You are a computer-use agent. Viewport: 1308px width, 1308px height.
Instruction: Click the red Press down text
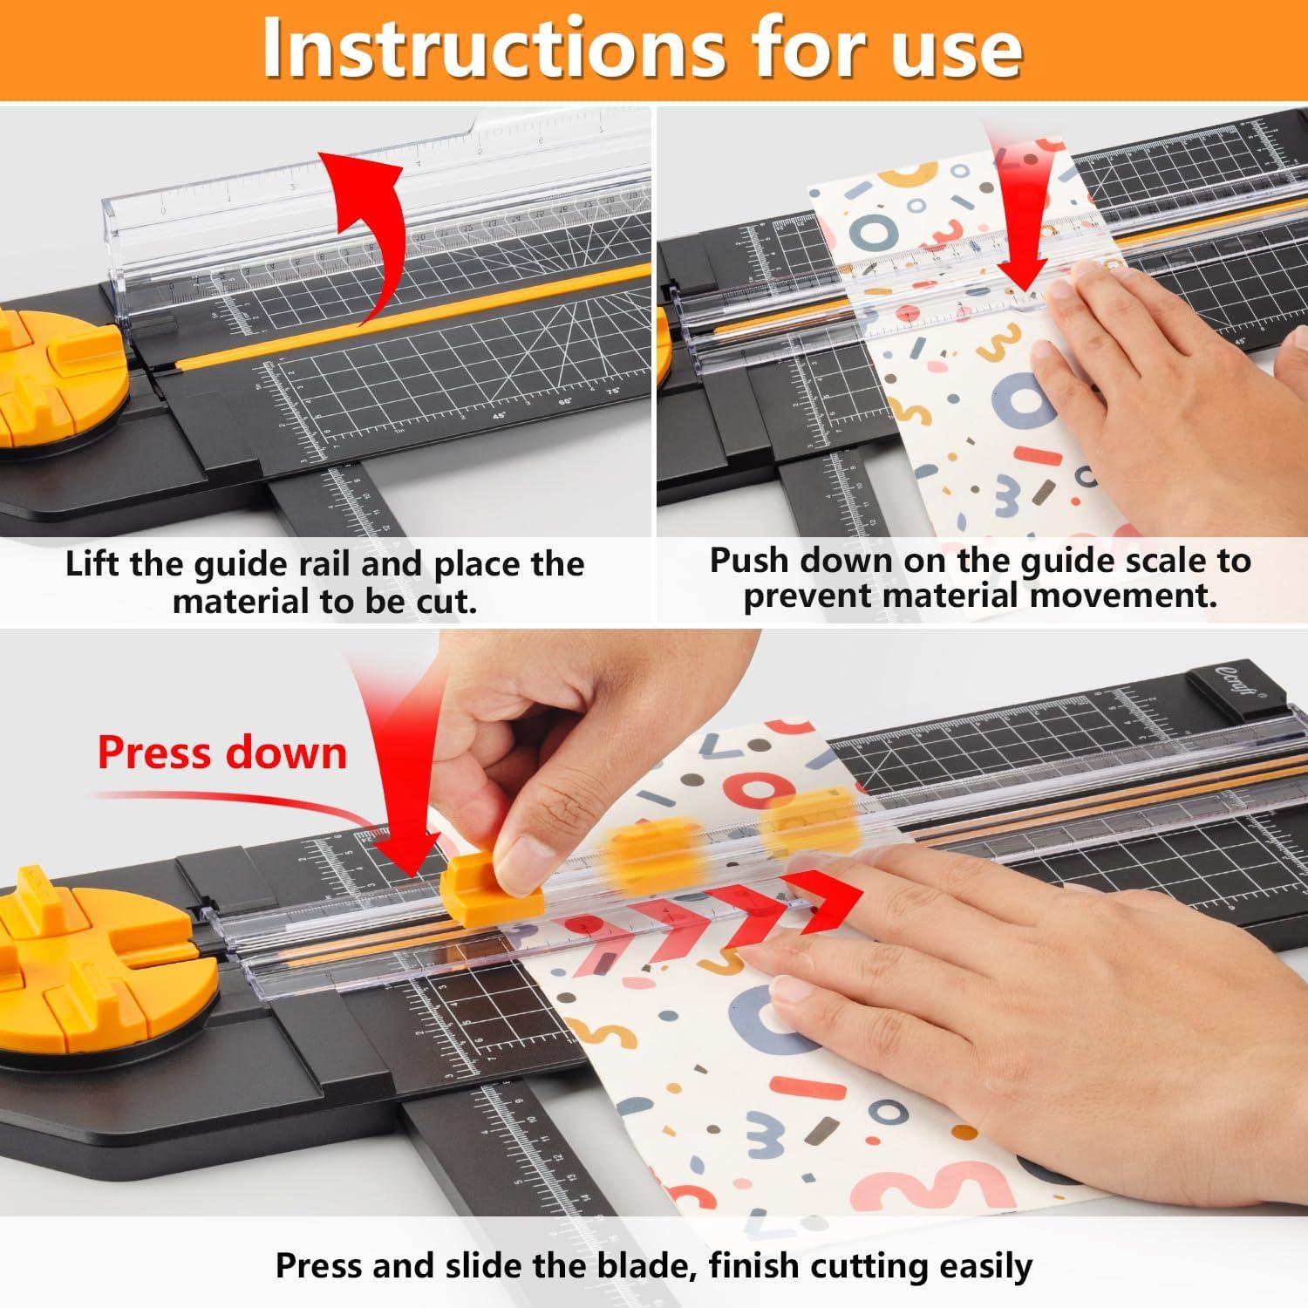[x=221, y=753]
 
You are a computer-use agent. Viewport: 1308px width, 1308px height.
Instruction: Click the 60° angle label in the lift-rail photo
[x=565, y=402]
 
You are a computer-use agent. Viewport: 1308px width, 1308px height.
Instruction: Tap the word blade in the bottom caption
[x=646, y=1265]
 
